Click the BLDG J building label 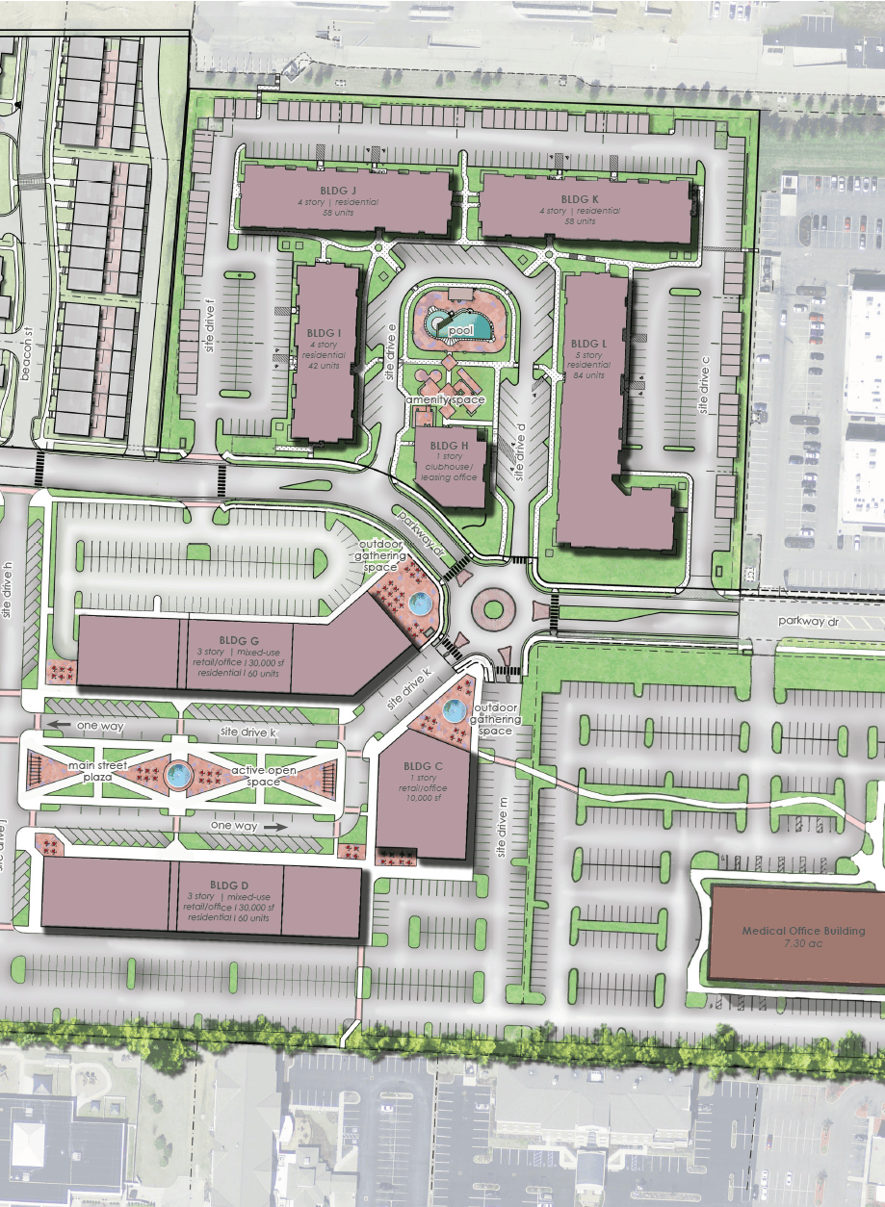pyautogui.click(x=344, y=191)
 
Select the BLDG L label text pyautogui.click(x=588, y=343)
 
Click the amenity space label pyautogui.click(x=445, y=398)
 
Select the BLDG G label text pyautogui.click(x=239, y=639)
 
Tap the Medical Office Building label pyautogui.click(x=803, y=931)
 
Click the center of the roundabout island pyautogui.click(x=494, y=609)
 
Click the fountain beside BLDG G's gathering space pyautogui.click(x=420, y=605)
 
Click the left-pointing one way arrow pyautogui.click(x=60, y=725)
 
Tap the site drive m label pyautogui.click(x=501, y=828)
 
